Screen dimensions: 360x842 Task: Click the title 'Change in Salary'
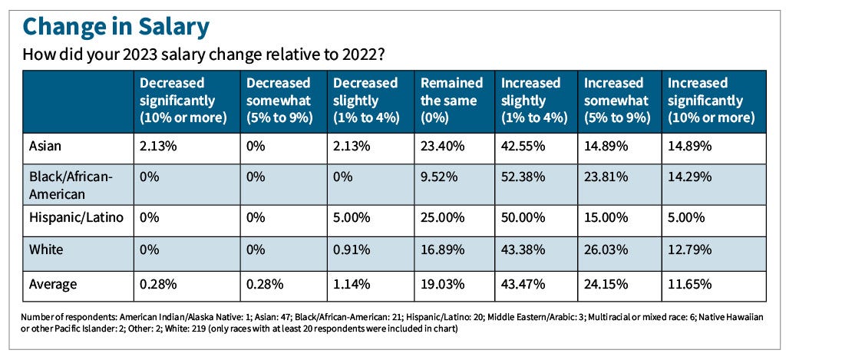[116, 27]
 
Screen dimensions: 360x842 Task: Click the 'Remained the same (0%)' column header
[451, 100]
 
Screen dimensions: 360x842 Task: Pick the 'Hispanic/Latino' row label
[75, 217]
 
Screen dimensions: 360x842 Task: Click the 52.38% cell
[523, 177]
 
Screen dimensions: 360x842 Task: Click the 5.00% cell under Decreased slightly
[353, 217]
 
